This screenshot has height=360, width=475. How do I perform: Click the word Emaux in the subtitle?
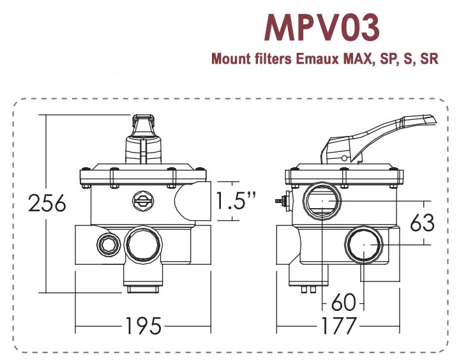[318, 60]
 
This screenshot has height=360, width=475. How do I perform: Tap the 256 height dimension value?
[48, 204]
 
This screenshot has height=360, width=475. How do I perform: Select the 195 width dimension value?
[143, 326]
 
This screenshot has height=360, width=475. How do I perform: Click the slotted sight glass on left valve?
[143, 201]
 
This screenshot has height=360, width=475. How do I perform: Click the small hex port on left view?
[106, 243]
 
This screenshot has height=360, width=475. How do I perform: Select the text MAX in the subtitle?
[359, 60]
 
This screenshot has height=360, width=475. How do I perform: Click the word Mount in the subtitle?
[230, 60]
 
